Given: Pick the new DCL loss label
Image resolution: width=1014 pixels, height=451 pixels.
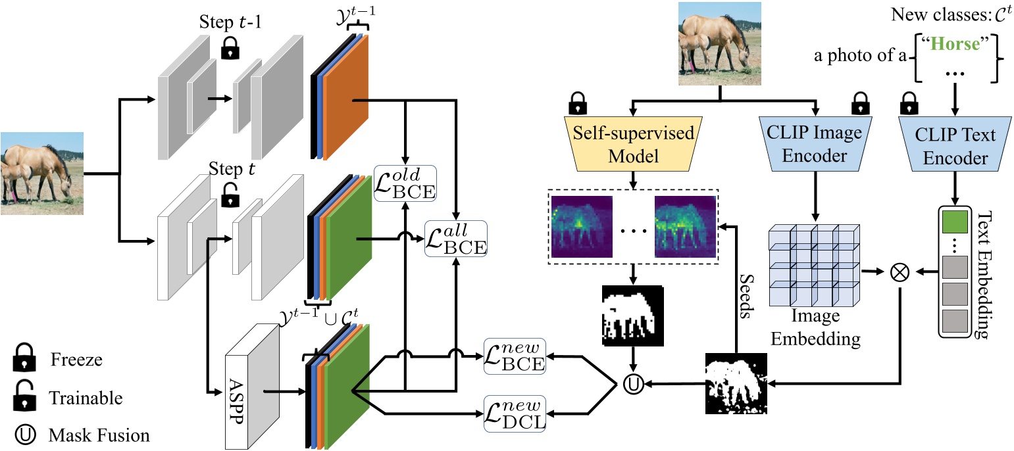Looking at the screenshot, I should point(515,414).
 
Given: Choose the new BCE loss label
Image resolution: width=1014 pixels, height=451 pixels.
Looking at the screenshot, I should point(515,356).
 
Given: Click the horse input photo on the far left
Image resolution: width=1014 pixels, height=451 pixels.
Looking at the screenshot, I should point(42,174).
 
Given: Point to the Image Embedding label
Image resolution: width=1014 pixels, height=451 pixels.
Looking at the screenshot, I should point(815,327).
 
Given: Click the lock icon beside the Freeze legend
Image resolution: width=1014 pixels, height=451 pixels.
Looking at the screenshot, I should point(24,360).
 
